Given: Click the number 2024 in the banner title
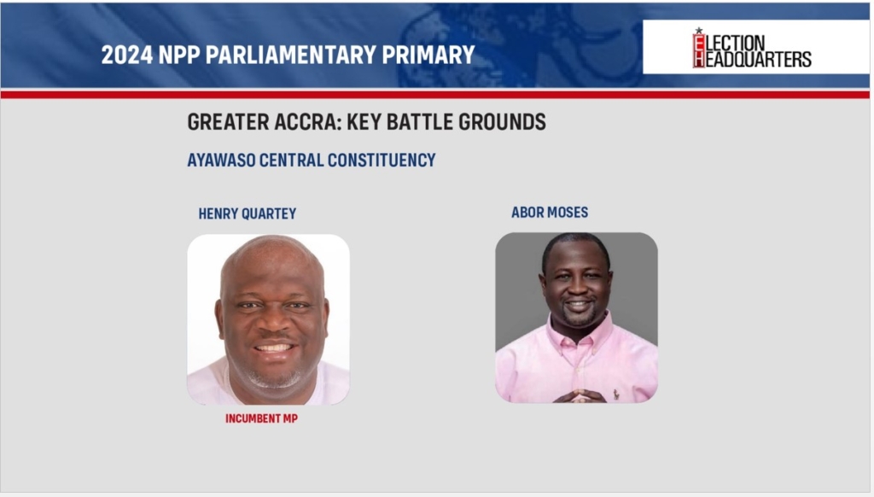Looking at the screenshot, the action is (x=126, y=55).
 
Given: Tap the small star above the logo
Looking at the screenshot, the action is (x=699, y=30).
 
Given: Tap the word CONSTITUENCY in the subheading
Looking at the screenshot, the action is (x=382, y=161).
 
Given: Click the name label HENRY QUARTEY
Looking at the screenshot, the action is (x=248, y=213).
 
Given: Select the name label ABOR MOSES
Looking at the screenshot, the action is (x=550, y=213).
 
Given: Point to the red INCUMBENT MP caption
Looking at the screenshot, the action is (x=261, y=418).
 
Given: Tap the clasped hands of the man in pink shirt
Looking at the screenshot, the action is (x=580, y=395).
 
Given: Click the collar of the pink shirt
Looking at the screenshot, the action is (x=577, y=334).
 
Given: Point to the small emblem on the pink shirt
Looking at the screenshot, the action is (x=616, y=395).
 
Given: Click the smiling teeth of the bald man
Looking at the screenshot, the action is (x=274, y=348).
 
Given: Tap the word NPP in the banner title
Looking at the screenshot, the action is (x=179, y=55).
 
